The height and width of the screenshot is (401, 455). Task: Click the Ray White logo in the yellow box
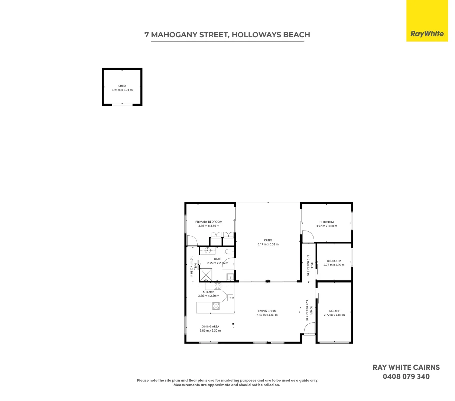[x=427, y=34]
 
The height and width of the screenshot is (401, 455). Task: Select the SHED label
[x=122, y=86]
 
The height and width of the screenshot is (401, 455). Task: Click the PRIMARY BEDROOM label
[x=209, y=222]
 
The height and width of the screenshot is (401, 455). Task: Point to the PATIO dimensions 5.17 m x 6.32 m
[x=268, y=244]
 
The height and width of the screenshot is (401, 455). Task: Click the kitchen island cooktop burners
[x=216, y=306]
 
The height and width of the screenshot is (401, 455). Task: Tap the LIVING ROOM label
[x=267, y=311]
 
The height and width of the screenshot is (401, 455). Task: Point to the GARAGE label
[x=334, y=311]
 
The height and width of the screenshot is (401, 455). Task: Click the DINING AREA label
[x=210, y=327]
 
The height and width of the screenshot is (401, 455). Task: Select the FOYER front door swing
[x=309, y=328]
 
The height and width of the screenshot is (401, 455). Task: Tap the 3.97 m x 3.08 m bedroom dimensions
[x=326, y=226]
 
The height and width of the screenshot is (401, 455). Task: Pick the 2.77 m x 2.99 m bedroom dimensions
[x=334, y=265]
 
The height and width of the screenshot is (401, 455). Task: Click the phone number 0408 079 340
[x=406, y=376]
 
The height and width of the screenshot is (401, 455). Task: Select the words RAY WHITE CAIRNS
[x=406, y=368]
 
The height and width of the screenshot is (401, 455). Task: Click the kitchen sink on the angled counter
[x=230, y=297]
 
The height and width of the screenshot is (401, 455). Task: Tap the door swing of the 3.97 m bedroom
[x=308, y=237]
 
